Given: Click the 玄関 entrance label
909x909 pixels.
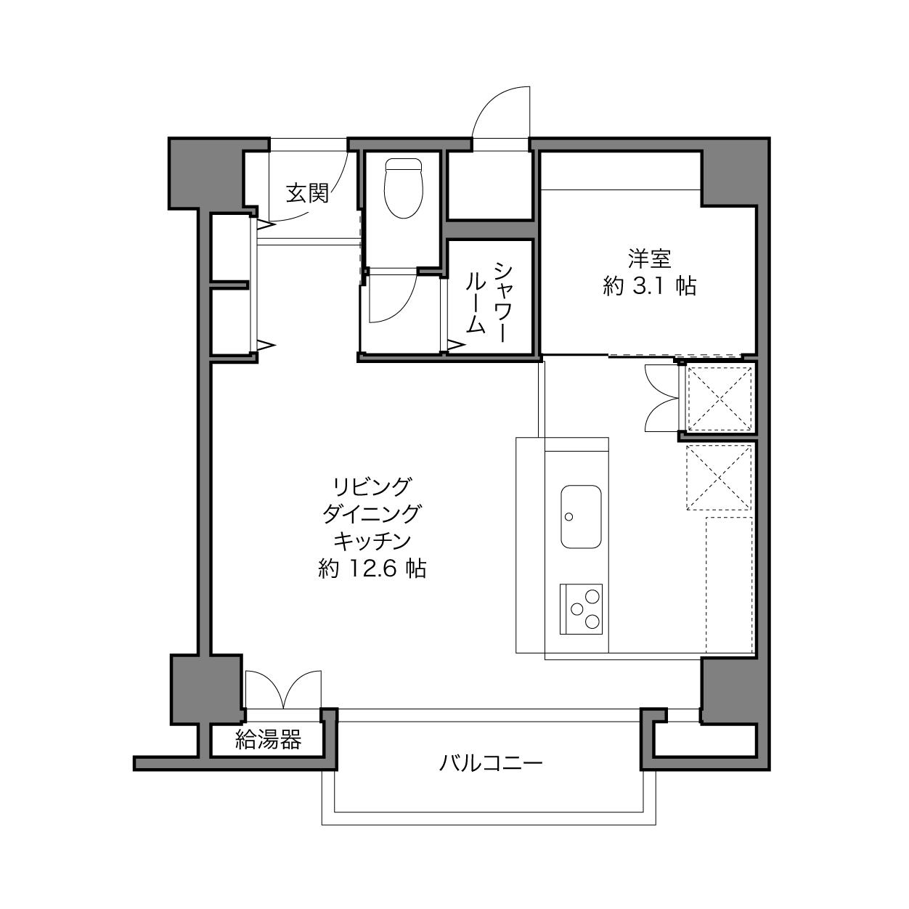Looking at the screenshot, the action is tap(307, 193).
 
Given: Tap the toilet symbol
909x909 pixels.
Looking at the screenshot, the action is tap(404, 188).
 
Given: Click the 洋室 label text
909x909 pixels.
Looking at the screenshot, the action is tap(649, 258).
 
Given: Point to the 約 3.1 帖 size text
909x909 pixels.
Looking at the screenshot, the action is tap(649, 286).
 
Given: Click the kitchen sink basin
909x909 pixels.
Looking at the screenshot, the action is tap(581, 516).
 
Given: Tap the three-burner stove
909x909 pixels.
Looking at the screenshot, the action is tap(581, 609).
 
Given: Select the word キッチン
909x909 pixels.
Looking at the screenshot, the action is tap(372, 541).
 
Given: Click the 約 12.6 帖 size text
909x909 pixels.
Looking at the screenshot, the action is tap(372, 568).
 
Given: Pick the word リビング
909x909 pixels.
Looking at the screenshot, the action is tap(372, 486).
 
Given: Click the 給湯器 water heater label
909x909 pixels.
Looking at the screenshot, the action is tap(269, 740).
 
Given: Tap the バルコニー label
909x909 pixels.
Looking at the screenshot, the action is tap(491, 763).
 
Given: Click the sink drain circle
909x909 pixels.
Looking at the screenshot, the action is tap(569, 516).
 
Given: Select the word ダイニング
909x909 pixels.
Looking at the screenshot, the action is tap(372, 514).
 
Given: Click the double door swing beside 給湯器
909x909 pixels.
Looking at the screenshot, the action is tap(283, 690).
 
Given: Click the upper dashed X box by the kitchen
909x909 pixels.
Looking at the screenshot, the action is tap(720, 399).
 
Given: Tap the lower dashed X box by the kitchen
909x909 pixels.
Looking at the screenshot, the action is tap(719, 478).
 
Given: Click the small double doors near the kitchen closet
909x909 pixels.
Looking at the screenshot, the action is tap(661, 398).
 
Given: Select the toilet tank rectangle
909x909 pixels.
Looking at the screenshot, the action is tap(404, 164).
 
